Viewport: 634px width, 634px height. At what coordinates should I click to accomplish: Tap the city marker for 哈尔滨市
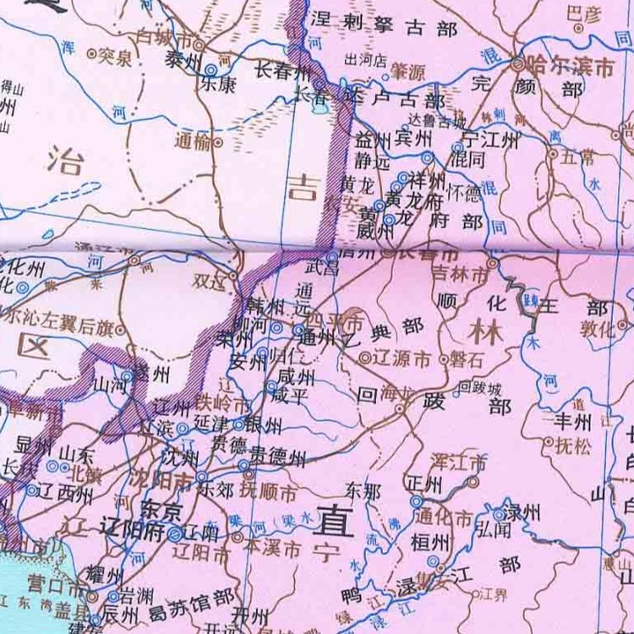[x=518, y=63]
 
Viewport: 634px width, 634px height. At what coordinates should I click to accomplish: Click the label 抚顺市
[x=268, y=492]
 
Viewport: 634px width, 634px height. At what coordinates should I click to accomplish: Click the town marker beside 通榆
[x=218, y=143]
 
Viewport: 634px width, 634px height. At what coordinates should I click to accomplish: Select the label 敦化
[x=598, y=331]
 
